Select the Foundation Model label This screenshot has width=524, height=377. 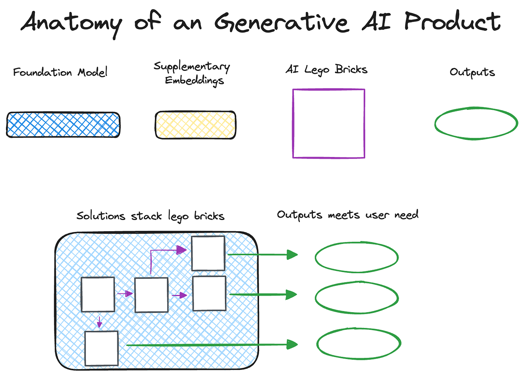click(60, 72)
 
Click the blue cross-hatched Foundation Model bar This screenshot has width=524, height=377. click(63, 125)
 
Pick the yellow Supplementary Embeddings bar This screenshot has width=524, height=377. click(195, 125)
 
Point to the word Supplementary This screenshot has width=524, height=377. click(192, 67)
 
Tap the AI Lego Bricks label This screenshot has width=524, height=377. click(326, 70)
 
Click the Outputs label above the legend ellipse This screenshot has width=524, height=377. click(472, 72)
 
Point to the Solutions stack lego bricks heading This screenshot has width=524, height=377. click(150, 216)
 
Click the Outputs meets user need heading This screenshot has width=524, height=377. click(348, 215)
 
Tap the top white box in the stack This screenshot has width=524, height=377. click(208, 253)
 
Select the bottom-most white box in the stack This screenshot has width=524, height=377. click(101, 348)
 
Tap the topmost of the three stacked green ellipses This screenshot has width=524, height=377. click(356, 257)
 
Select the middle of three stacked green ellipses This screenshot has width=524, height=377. click(356, 298)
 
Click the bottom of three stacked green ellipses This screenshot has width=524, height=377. click(359, 344)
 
